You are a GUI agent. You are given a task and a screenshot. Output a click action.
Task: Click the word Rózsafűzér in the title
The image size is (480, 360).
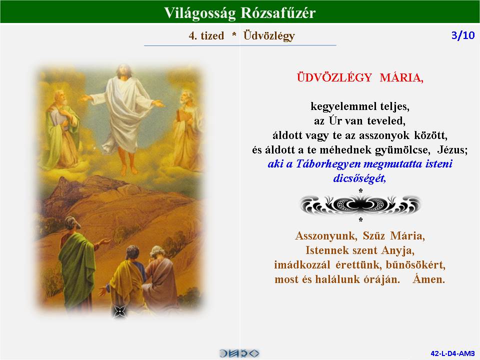[x=277, y=13]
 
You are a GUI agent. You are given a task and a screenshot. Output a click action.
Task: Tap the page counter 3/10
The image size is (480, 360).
[x=463, y=35]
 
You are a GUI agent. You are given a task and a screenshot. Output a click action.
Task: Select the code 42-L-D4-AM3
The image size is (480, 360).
[x=452, y=353]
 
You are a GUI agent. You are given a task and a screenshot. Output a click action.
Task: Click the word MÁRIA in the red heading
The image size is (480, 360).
[x=401, y=78]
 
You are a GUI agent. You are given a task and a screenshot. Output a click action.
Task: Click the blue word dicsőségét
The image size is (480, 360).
[x=359, y=178]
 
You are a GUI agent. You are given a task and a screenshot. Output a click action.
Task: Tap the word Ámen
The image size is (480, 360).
[x=428, y=279]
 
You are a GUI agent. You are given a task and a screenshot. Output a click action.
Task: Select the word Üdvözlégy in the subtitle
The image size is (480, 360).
[x=269, y=36]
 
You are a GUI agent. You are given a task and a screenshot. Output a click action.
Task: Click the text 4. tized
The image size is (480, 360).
[x=206, y=36]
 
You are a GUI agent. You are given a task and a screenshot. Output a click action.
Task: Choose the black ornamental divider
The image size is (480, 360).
[x=360, y=205]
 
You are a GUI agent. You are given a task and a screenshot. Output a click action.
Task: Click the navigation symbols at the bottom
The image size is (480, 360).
[x=239, y=353]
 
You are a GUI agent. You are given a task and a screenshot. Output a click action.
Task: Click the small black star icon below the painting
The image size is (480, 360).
[x=119, y=312]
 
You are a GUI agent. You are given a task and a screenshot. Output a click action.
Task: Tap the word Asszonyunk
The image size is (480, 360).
[x=326, y=236]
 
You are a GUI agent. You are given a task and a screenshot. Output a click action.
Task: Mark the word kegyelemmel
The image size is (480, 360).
[x=343, y=106]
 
